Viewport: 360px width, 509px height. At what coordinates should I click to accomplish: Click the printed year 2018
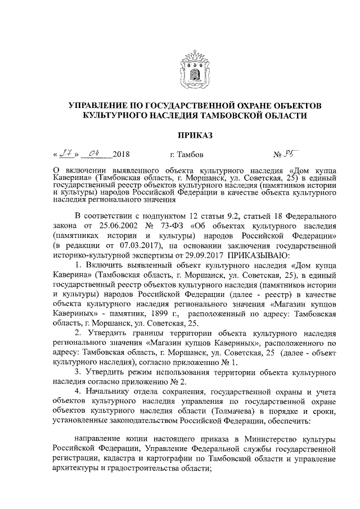[x=121, y=154]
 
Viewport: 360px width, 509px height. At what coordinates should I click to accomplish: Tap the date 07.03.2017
[x=128, y=246]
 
